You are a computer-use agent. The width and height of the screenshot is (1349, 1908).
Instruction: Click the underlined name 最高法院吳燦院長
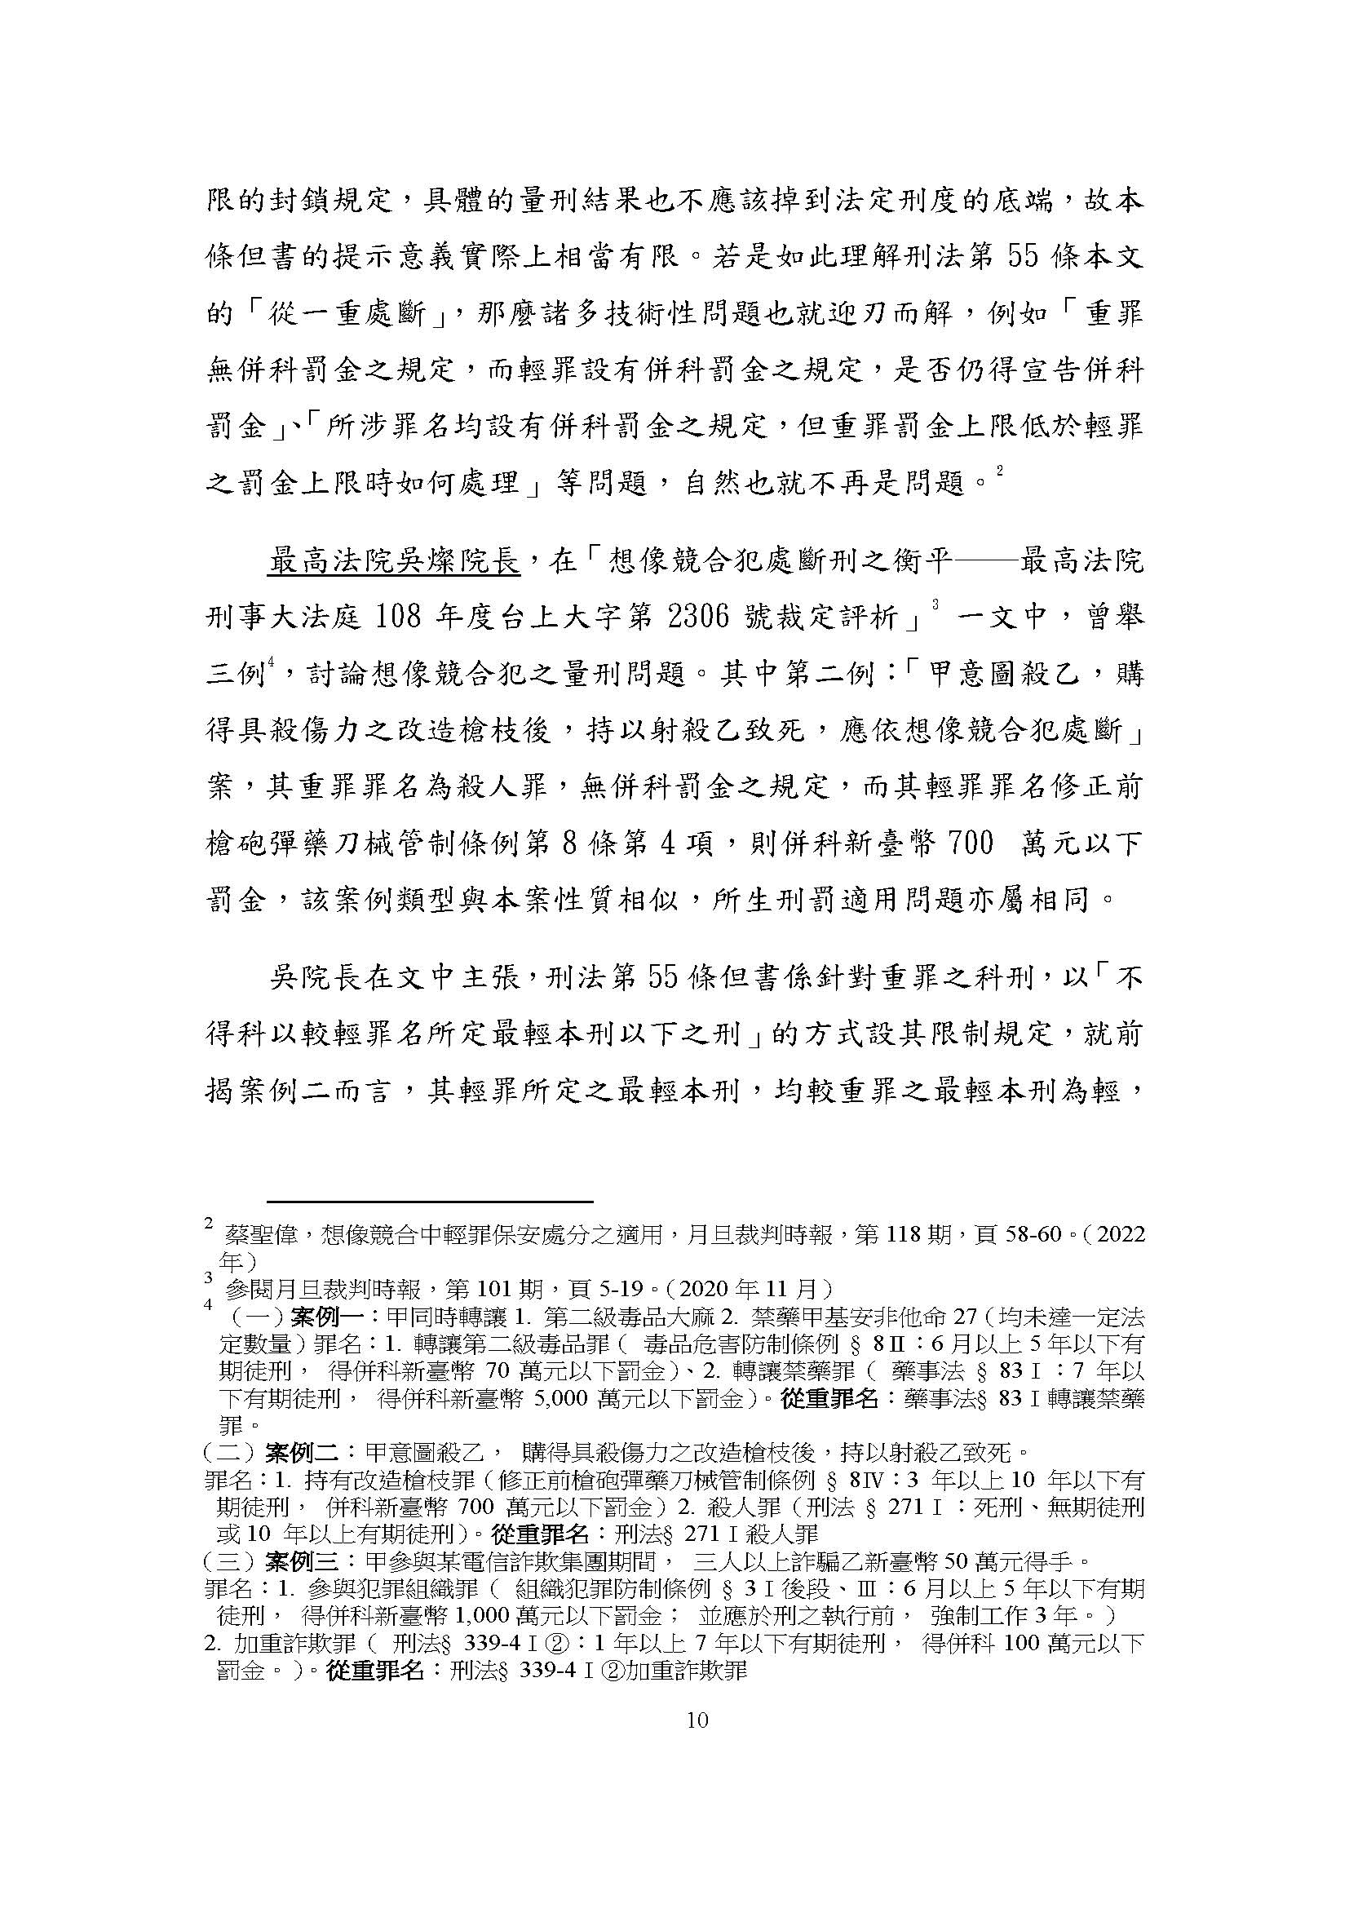pos(393,562)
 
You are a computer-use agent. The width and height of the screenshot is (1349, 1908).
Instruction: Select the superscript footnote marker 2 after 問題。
pos(999,471)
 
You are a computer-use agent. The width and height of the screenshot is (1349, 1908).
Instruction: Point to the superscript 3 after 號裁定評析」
pos(935,604)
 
